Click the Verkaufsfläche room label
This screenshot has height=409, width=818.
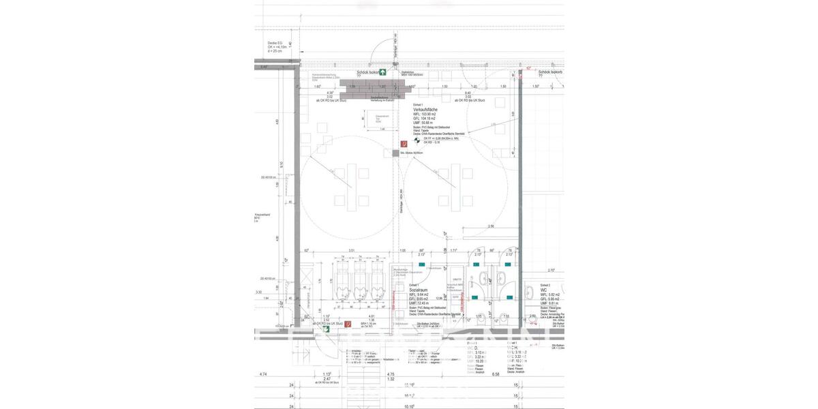(425, 109)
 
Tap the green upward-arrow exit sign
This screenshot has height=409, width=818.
(383, 72)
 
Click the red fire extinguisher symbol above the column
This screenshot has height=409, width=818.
(404, 144)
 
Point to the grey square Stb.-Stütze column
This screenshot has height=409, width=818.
(395, 153)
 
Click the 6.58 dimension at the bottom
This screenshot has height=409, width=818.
(496, 374)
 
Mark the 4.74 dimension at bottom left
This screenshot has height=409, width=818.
(264, 374)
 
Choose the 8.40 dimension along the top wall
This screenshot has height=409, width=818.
(468, 93)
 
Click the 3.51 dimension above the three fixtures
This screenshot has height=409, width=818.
(351, 251)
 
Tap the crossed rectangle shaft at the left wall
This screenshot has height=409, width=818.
(318, 279)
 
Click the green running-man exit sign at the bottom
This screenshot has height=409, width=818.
(327, 329)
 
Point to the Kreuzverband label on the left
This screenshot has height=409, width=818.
(263, 215)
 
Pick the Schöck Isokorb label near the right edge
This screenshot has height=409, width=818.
(549, 72)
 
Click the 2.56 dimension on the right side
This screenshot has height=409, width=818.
(490, 226)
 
